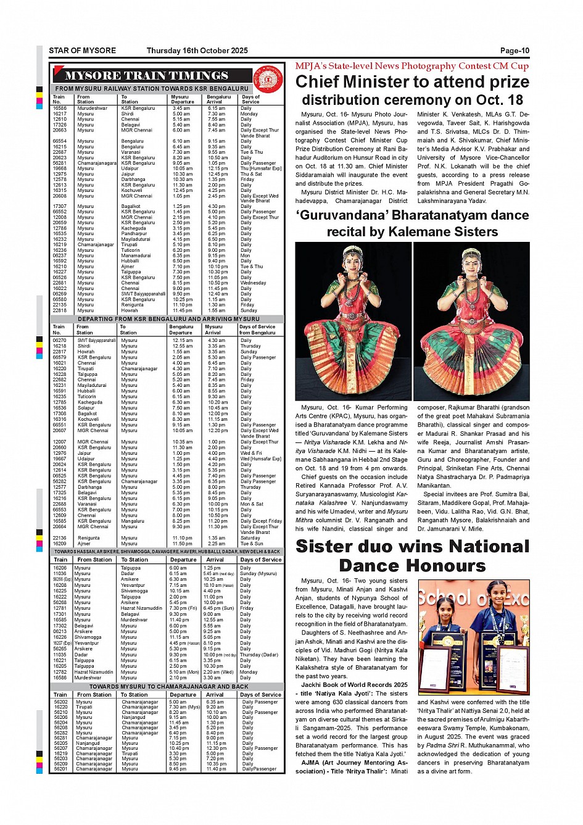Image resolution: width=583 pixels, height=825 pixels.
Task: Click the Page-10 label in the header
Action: [514, 51]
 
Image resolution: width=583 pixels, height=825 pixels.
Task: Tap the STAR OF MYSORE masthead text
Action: [82, 51]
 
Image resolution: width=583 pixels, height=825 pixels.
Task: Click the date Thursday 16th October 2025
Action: [197, 51]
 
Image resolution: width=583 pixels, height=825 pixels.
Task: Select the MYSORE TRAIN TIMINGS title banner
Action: [147, 76]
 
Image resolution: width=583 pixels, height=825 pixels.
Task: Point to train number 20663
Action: [60, 130]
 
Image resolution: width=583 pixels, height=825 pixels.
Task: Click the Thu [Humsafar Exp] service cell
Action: [260, 168]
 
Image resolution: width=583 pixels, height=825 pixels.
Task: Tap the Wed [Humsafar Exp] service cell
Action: [260, 459]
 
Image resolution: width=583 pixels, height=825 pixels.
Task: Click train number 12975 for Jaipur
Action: [60, 174]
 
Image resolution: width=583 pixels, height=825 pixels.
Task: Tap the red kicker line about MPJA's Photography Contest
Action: [411, 66]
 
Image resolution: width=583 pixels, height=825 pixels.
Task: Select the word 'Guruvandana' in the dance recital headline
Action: [341, 215]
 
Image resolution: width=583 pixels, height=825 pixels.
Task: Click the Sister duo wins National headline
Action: [411, 547]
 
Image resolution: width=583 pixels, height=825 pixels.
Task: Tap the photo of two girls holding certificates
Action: [473, 637]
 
